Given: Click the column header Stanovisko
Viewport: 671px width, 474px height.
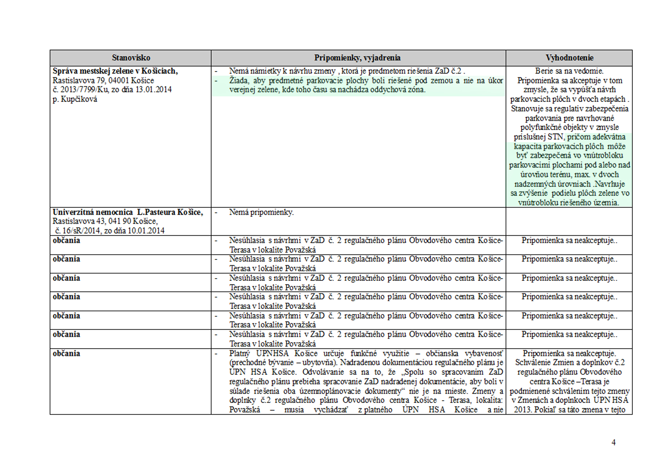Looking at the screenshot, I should point(131,58).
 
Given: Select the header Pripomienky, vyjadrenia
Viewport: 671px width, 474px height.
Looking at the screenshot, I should point(357,58).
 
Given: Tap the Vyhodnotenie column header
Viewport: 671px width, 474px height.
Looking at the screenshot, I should point(569,58).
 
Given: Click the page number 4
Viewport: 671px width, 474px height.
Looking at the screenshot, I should point(613,442).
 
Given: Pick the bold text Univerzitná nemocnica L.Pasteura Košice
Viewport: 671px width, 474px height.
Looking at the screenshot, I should point(128,212).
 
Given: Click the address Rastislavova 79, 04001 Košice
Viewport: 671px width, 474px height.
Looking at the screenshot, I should point(103,80).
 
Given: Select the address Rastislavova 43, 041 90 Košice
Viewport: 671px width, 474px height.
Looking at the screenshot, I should point(105,221).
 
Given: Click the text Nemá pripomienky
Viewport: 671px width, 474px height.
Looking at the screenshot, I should point(261,212).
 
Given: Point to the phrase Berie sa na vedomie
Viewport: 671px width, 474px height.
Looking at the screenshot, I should point(569,71).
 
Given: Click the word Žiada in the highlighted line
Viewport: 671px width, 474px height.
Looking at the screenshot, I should point(238,80).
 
